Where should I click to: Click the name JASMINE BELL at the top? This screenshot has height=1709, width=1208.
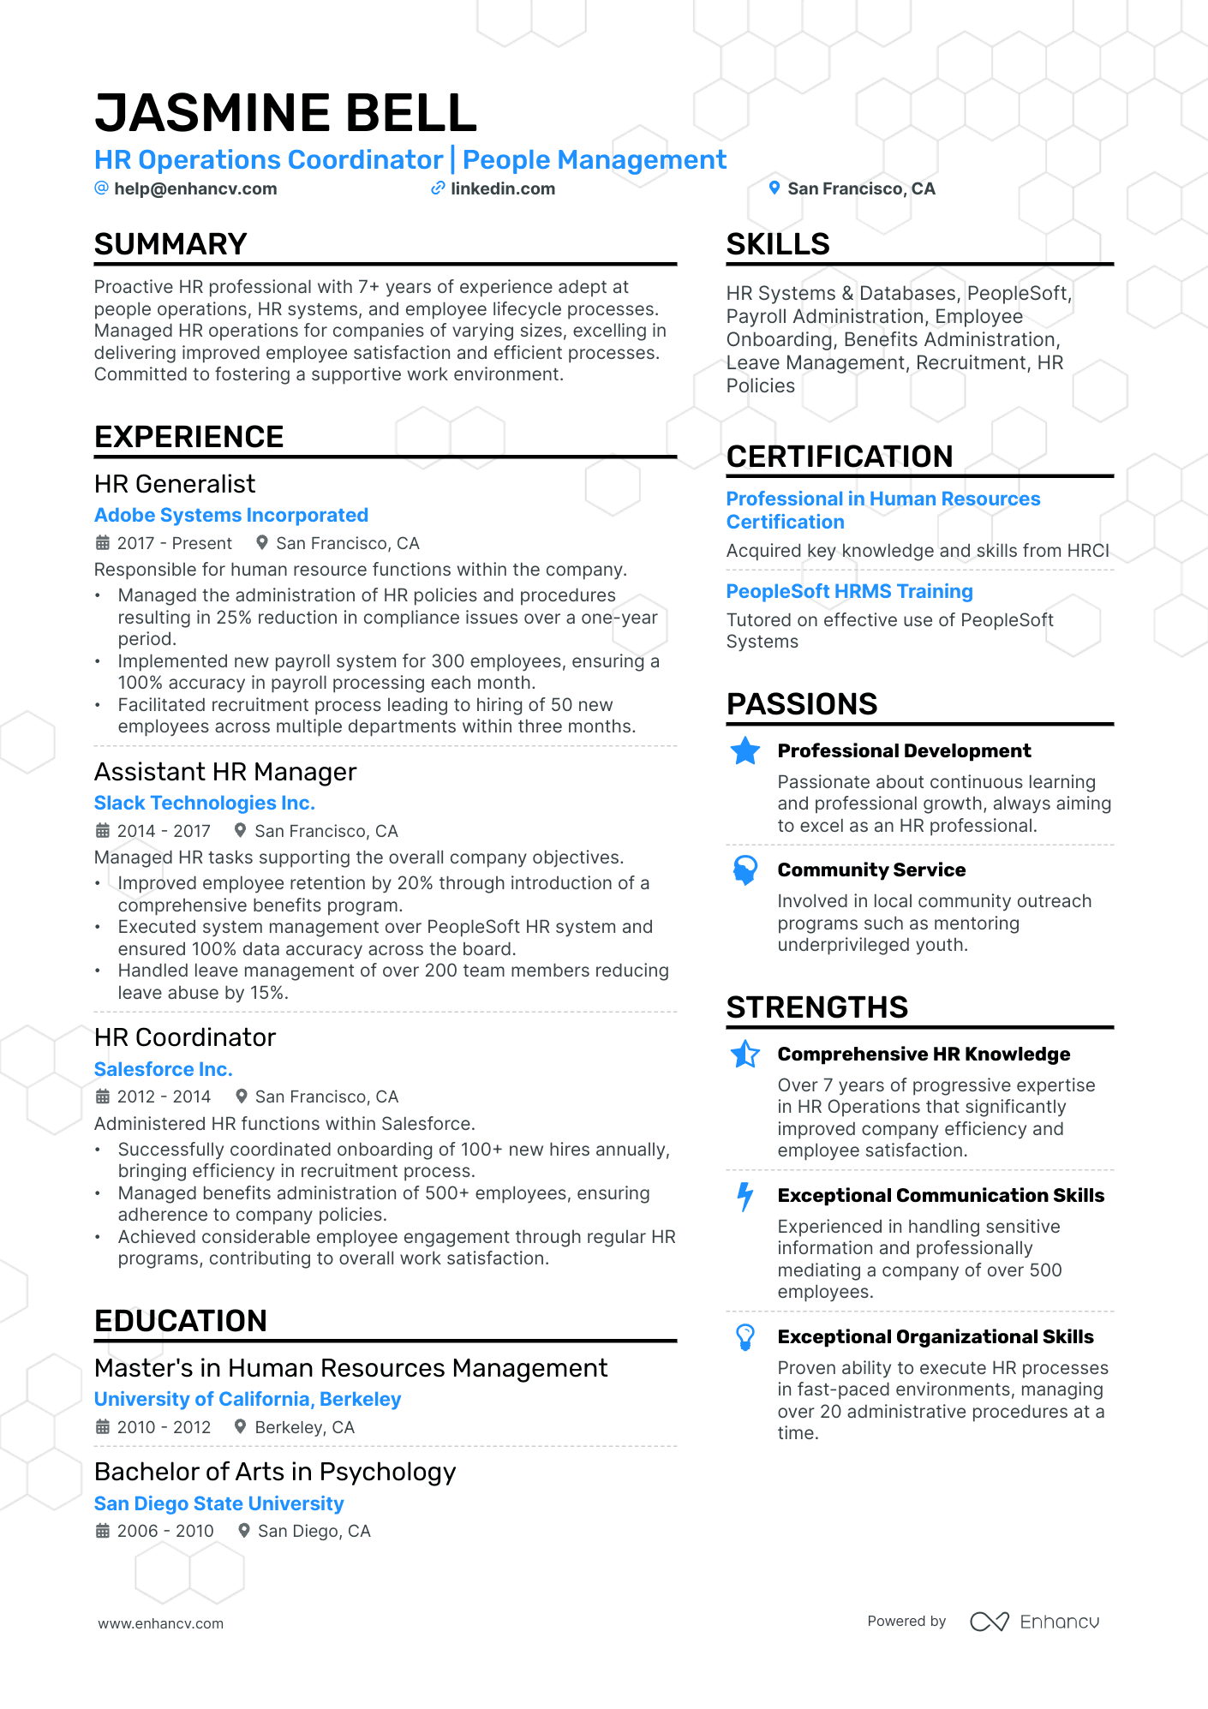[x=285, y=113]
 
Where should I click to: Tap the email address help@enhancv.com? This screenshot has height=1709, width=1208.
[x=195, y=188]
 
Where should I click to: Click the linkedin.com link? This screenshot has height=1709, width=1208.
[x=502, y=188]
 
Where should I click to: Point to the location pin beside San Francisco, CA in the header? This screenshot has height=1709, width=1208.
[x=774, y=188]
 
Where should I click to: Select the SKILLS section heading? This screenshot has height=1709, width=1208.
[x=778, y=244]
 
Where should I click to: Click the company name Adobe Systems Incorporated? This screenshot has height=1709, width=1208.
[x=231, y=515]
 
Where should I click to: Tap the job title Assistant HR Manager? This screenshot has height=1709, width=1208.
[x=225, y=772]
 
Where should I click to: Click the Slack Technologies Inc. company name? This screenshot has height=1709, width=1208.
[x=205, y=803]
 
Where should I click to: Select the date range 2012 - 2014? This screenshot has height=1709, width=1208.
[x=164, y=1097]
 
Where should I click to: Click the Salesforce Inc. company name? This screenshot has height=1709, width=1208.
[x=164, y=1069]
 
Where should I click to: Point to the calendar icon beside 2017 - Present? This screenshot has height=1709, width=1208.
[x=103, y=543]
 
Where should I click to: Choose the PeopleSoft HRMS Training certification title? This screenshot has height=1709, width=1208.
[x=849, y=591]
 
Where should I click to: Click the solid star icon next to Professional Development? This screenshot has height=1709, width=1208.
[x=745, y=751]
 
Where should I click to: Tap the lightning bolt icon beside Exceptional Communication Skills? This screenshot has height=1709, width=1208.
[x=745, y=1196]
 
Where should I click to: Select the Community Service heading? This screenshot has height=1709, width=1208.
[x=871, y=869]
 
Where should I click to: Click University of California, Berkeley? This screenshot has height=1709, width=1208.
[x=248, y=1399]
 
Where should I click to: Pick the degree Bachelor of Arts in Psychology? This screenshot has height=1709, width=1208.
[x=275, y=1472]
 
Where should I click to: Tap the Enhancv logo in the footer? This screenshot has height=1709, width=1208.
[x=1035, y=1622]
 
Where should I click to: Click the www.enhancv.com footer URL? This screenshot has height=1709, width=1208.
[x=161, y=1623]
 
